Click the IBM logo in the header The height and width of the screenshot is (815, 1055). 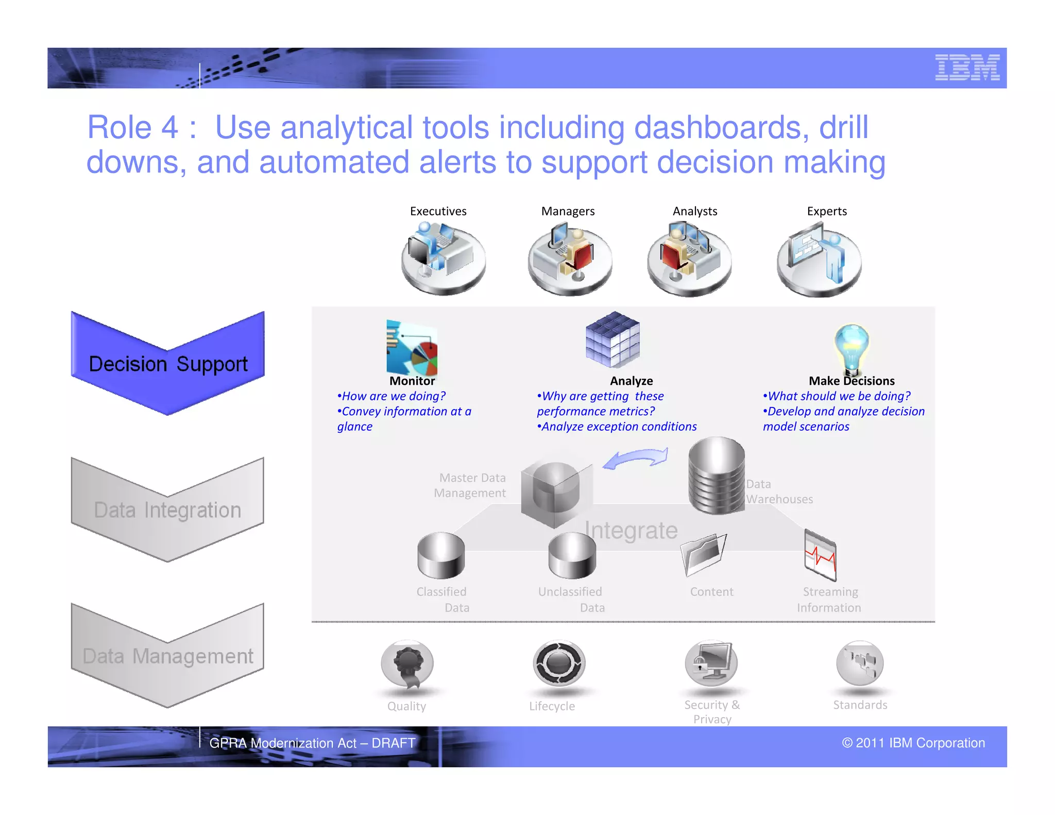(967, 67)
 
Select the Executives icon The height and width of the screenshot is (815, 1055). (443, 257)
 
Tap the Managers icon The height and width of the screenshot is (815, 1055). (570, 259)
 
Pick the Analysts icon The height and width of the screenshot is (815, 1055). (689, 259)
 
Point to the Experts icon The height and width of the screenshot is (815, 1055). (819, 260)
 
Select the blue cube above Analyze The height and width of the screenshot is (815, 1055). (612, 339)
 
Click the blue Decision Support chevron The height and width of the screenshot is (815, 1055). (168, 363)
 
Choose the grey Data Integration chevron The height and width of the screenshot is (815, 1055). (168, 510)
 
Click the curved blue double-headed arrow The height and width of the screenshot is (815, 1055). (636, 459)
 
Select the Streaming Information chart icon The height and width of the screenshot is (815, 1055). (820, 555)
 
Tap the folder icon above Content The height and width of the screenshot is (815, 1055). (703, 554)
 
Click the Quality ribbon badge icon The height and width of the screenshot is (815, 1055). (407, 664)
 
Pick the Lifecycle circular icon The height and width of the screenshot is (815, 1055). (559, 664)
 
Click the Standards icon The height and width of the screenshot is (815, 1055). (860, 663)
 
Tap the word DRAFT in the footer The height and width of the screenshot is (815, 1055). (394, 743)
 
